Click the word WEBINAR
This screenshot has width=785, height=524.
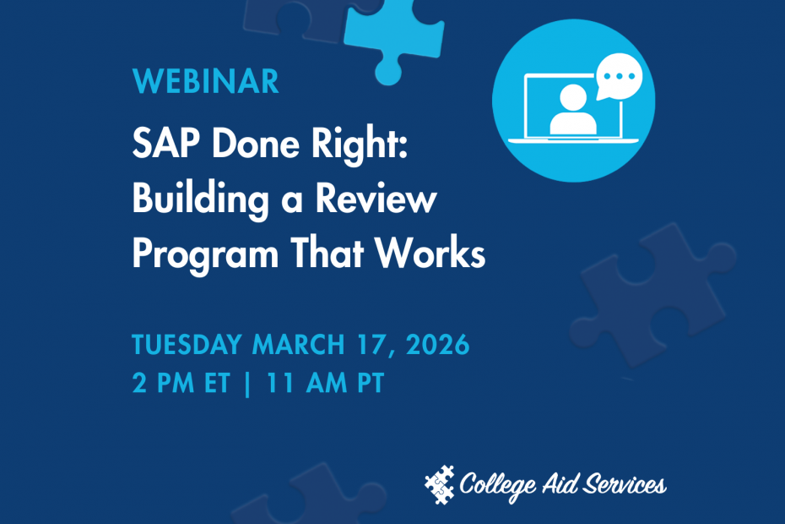click(x=205, y=82)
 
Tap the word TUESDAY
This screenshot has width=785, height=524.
click(x=187, y=346)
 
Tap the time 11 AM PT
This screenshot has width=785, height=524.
click(x=325, y=384)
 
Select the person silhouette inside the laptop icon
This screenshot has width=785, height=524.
click(x=573, y=111)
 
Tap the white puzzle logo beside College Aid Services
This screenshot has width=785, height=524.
click(x=439, y=484)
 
